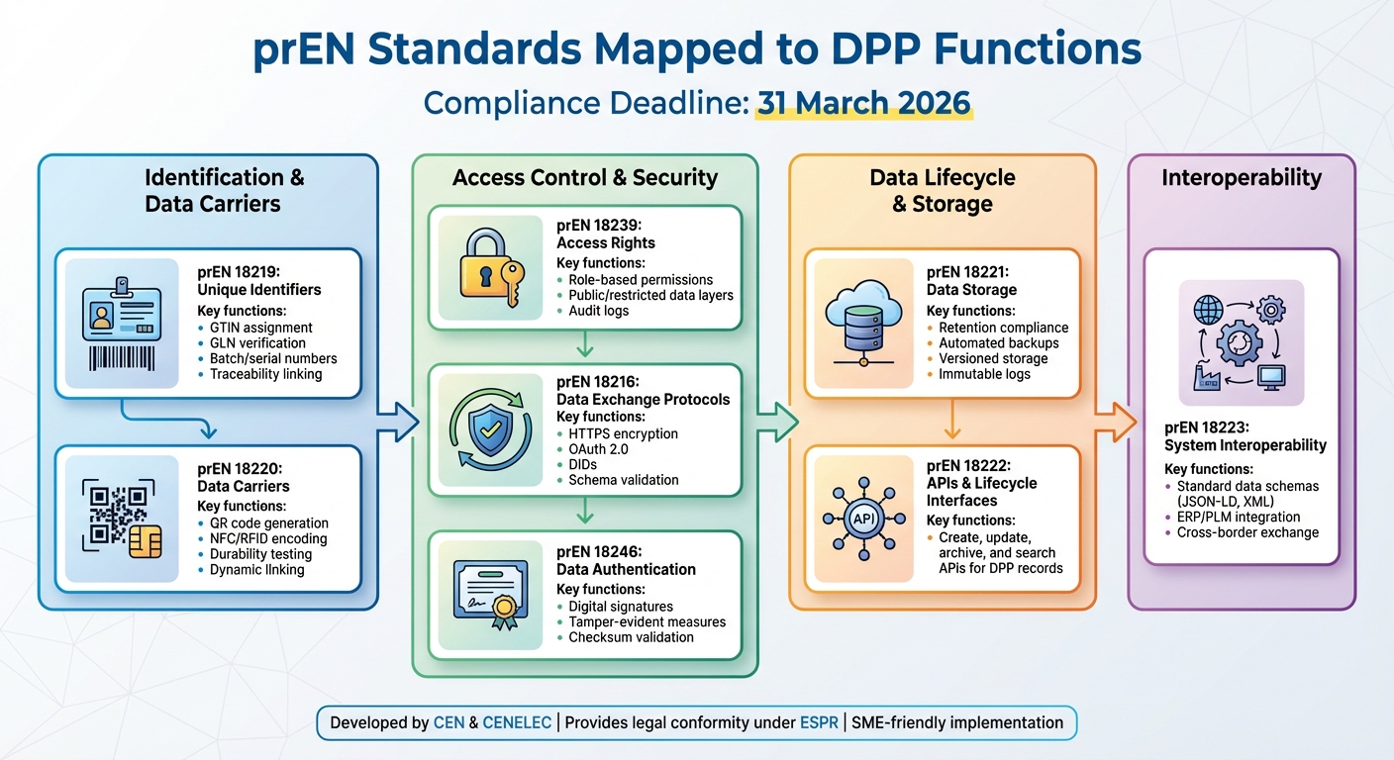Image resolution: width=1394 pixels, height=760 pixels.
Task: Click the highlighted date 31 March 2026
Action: (862, 103)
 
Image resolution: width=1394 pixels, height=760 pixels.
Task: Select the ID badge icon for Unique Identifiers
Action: (123, 324)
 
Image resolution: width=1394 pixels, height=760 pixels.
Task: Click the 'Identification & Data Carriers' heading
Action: (225, 190)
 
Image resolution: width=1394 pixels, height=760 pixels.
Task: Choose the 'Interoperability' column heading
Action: (1241, 178)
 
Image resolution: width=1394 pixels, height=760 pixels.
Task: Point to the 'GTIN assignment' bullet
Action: (261, 328)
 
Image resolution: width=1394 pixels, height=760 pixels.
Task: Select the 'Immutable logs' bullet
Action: (984, 374)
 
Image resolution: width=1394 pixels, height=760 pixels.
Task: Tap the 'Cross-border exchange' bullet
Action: (1247, 532)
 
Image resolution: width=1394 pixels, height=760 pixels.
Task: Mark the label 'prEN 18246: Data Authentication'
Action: (626, 561)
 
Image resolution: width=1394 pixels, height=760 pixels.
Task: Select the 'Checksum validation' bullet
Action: (631, 637)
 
